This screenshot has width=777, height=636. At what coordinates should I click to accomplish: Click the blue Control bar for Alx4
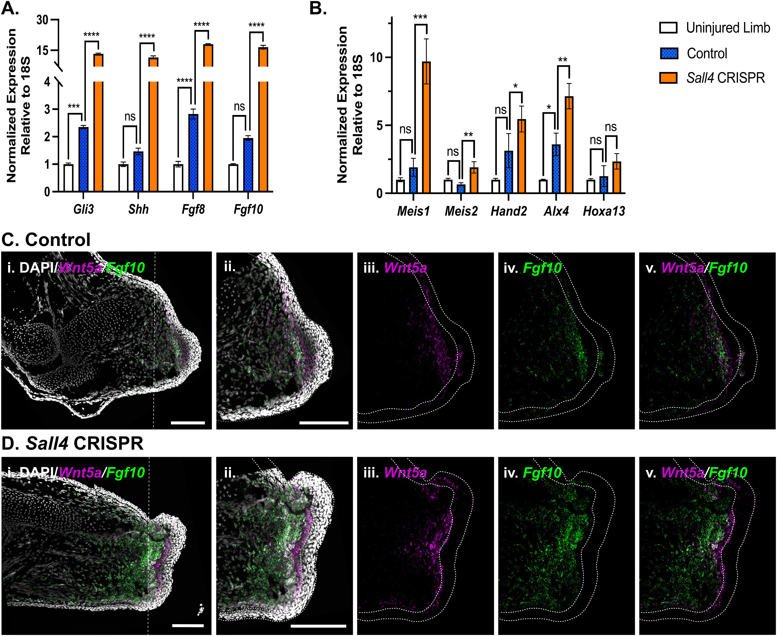556,169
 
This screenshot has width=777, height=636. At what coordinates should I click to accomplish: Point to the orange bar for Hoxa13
617,177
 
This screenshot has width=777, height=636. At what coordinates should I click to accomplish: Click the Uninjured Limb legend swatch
668,28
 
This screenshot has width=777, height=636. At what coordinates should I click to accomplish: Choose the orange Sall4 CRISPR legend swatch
668,78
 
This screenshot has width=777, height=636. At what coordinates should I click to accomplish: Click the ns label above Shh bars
130,116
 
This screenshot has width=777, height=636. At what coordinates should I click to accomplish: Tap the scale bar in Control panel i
188,423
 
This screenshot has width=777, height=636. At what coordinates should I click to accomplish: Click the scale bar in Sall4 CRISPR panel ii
318,626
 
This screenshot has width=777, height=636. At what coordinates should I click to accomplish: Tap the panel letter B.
318,8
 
